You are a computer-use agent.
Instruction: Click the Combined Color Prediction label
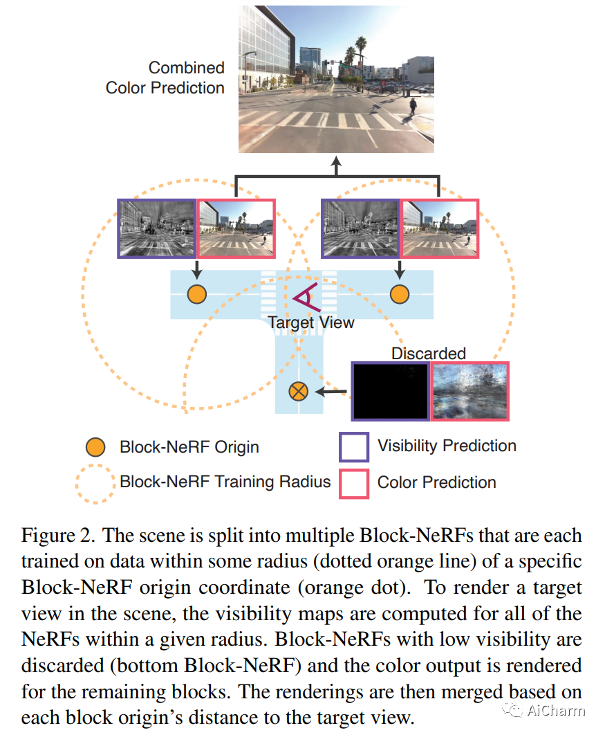point(165,78)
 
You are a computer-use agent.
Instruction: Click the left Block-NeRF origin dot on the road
point(197,294)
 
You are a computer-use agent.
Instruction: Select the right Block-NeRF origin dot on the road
point(400,294)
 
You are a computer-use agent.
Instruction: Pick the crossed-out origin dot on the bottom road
point(299,392)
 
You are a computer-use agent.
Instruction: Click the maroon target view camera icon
point(305,297)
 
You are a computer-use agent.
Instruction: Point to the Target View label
point(311,323)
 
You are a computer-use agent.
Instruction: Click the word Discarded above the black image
point(429,354)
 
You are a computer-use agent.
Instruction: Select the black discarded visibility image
point(391,391)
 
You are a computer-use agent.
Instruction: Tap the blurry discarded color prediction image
point(470,391)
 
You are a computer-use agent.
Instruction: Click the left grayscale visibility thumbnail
point(158,229)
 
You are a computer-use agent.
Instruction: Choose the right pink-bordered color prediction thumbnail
point(440,229)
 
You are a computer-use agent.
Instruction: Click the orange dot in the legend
point(95,447)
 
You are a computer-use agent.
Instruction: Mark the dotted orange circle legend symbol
point(95,482)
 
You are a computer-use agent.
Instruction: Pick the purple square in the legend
point(353,446)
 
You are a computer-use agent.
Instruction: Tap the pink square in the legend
point(353,482)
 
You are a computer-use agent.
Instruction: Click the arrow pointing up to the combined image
point(337,166)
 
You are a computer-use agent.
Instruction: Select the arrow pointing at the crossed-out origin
point(331,392)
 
